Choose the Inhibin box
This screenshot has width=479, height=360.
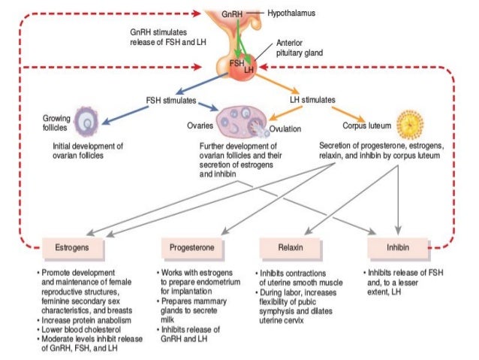(398, 247)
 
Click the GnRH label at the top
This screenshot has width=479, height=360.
(233, 14)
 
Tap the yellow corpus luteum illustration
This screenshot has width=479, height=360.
(410, 121)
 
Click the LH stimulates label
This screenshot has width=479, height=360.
(312, 99)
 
